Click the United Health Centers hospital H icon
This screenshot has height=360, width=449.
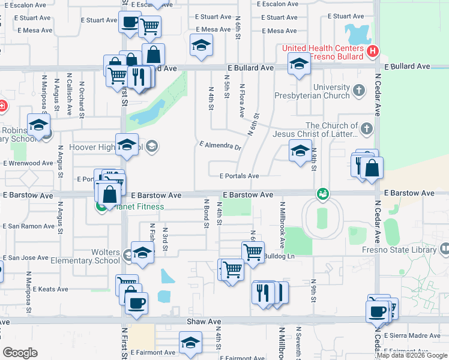coord(373,52)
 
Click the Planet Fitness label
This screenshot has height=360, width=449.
coord(136,207)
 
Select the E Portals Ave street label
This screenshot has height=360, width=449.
coord(239,176)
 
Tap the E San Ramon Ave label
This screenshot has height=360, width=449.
coord(28,226)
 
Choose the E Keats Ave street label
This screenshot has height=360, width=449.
coord(46,289)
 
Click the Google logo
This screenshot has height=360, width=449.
coord(20,353)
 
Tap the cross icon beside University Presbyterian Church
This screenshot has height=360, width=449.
coord(359,91)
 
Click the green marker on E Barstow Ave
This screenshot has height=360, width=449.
coord(323,194)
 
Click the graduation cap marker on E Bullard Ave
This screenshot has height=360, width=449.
coord(299,64)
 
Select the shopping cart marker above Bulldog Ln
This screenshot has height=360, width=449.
coord(253,251)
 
